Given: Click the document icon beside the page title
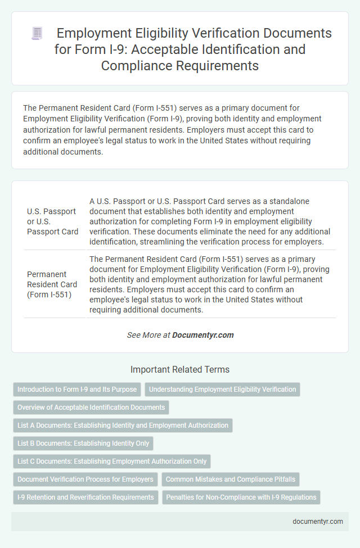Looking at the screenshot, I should [x=37, y=34].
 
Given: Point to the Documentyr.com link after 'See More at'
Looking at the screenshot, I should [x=202, y=335].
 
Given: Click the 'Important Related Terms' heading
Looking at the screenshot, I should [x=180, y=369].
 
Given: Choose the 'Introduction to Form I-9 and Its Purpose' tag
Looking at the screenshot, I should [x=77, y=390].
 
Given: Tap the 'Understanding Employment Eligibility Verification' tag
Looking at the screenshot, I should [x=222, y=390].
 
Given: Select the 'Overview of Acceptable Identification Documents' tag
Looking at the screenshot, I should [x=91, y=407].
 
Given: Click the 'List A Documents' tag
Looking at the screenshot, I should [x=123, y=425].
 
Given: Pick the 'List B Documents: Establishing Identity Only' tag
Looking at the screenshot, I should [x=83, y=443].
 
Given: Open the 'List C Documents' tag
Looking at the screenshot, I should [x=112, y=461].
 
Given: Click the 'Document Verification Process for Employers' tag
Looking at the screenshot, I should [x=85, y=479].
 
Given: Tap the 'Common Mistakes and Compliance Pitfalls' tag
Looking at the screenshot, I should [x=231, y=479].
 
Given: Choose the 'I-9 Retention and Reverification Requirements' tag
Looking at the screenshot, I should [x=85, y=497].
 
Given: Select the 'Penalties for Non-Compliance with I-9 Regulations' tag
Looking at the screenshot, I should [x=241, y=497].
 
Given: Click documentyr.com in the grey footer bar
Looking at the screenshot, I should [x=318, y=521].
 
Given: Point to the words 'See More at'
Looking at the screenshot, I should [x=148, y=335].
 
